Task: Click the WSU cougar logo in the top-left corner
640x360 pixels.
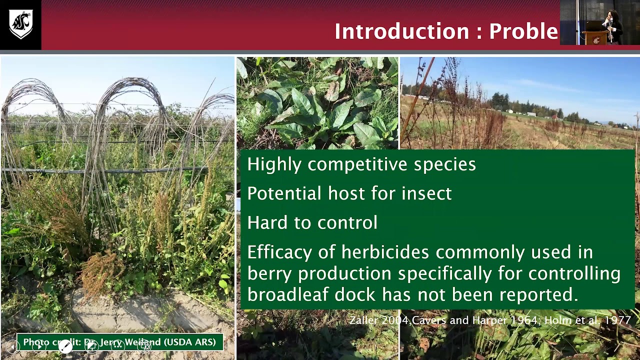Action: [x=20, y=24]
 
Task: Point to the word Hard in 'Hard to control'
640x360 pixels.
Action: [x=266, y=222]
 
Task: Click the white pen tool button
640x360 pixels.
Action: [x=65, y=346]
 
